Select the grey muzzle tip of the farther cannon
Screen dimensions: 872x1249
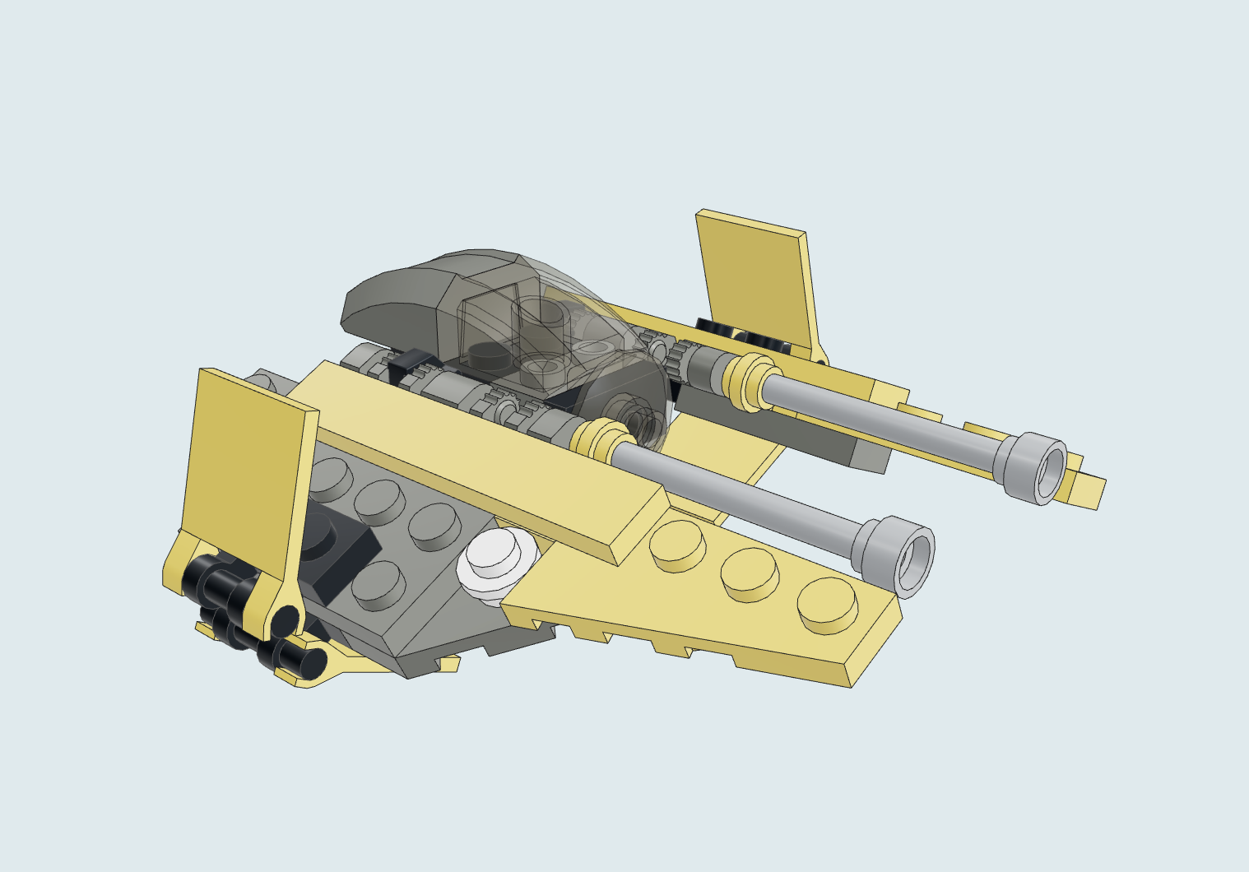pos(1033,466)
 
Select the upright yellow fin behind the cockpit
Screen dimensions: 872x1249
pos(757,276)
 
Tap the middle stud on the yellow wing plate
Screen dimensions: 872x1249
pos(750,573)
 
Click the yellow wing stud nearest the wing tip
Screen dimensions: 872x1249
pos(827,605)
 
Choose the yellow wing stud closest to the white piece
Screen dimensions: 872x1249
pos(676,545)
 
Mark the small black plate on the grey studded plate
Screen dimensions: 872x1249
pos(337,547)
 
